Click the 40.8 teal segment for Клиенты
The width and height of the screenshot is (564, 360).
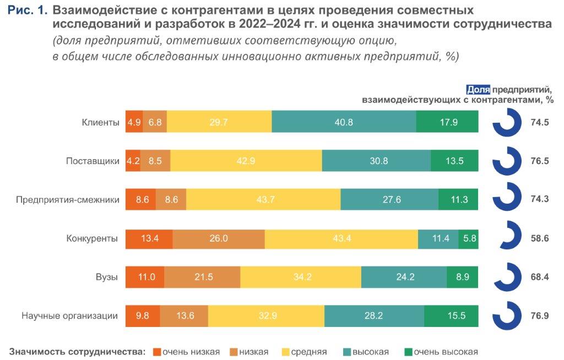pyautogui.click(x=344, y=122)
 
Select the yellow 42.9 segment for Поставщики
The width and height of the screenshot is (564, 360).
pyautogui.click(x=246, y=161)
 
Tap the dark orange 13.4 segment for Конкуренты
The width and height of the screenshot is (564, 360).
pyautogui.click(x=149, y=239)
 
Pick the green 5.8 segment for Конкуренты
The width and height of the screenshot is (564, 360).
pyautogui.click(x=468, y=239)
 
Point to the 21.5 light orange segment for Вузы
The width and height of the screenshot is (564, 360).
pyautogui.click(x=202, y=277)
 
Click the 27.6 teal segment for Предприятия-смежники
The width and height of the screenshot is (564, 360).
pyautogui.click(x=389, y=200)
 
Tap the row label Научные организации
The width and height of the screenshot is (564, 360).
pyautogui.click(x=70, y=316)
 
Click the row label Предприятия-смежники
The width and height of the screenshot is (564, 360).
pyautogui.click(x=68, y=200)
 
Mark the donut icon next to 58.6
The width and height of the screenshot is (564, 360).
pyautogui.click(x=507, y=237)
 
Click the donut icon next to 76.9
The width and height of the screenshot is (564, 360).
pyautogui.click(x=507, y=315)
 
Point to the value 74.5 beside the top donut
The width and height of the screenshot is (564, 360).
pyautogui.click(x=540, y=122)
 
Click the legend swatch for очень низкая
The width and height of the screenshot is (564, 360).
pyautogui.click(x=156, y=352)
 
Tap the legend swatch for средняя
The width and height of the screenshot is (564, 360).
pyautogui.click(x=286, y=352)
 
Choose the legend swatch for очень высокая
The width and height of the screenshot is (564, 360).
pyautogui.click(x=408, y=352)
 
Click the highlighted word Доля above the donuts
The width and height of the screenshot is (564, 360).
pyautogui.click(x=478, y=90)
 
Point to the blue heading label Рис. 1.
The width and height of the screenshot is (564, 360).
pyautogui.click(x=28, y=11)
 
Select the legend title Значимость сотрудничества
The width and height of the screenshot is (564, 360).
pyautogui.click(x=78, y=352)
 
